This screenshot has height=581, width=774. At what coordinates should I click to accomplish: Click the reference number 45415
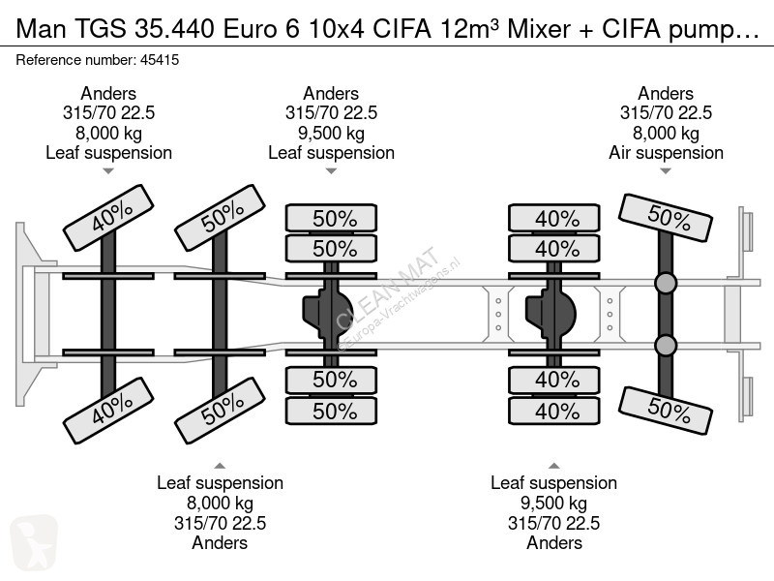click(160, 60)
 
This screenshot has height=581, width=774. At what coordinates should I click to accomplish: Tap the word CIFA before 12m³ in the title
click(402, 29)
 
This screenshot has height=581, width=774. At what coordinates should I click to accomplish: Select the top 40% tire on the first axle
click(108, 218)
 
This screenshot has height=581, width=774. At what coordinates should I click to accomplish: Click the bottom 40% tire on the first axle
click(108, 411)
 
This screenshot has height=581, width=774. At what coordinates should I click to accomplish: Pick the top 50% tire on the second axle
click(221, 218)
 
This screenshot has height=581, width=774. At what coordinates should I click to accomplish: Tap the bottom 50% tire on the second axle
click(221, 411)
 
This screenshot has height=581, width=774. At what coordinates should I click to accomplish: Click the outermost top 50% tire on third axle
click(331, 218)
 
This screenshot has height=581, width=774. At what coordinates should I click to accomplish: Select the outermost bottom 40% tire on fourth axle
click(554, 411)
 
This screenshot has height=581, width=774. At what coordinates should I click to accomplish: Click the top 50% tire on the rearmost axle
click(666, 218)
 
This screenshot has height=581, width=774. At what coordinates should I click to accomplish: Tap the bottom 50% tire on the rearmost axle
click(666, 411)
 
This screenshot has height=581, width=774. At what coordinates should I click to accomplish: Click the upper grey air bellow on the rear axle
click(666, 283)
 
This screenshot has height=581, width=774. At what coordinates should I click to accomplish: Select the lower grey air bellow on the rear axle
click(666, 346)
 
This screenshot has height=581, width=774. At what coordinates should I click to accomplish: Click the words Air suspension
click(666, 153)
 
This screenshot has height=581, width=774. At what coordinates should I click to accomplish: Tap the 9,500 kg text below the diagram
click(553, 503)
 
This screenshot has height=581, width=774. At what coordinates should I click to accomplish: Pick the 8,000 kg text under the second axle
click(221, 503)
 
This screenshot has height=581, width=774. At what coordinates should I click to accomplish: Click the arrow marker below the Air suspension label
click(666, 171)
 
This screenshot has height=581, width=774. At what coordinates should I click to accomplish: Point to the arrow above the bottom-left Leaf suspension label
click(221, 466)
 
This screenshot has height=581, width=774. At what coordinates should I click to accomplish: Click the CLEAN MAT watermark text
click(387, 288)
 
